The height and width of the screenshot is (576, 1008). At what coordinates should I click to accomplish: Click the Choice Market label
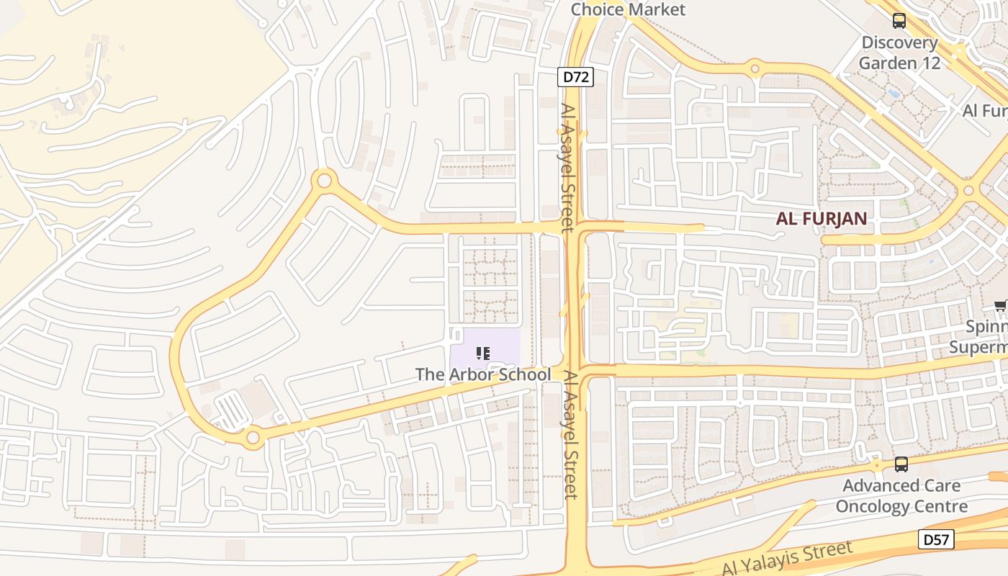pos(628,9)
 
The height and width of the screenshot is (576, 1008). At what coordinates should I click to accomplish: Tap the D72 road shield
pos(575,77)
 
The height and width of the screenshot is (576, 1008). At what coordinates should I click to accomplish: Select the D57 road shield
pos(937,539)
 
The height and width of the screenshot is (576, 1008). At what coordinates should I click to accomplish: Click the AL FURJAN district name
pos(821,219)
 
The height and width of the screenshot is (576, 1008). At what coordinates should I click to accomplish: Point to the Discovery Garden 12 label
pos(900,53)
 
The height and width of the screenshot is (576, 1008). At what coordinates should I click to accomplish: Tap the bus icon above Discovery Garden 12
pos(899,21)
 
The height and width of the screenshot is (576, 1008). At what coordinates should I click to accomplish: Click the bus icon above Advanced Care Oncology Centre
pos(901,464)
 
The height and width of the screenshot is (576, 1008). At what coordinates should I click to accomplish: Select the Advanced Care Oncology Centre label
pos(901,496)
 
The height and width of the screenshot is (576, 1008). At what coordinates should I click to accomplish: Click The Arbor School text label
pos(483,374)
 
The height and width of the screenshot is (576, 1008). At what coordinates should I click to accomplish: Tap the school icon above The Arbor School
pos(483,353)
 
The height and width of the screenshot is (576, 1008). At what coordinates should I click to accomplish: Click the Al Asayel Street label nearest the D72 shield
pos(568,167)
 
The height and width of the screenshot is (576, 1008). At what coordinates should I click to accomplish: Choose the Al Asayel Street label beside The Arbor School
pos(570,434)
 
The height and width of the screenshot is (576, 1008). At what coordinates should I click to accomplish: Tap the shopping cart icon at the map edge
pos(1001,307)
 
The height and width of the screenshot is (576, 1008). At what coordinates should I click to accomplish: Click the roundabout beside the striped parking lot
pos(253,437)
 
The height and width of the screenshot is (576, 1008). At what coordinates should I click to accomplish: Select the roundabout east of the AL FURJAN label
pos(968,191)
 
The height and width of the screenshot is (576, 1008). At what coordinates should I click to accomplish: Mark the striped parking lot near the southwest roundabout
pos(232,412)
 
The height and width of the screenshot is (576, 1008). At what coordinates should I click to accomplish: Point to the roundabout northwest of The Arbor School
pos(324,180)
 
